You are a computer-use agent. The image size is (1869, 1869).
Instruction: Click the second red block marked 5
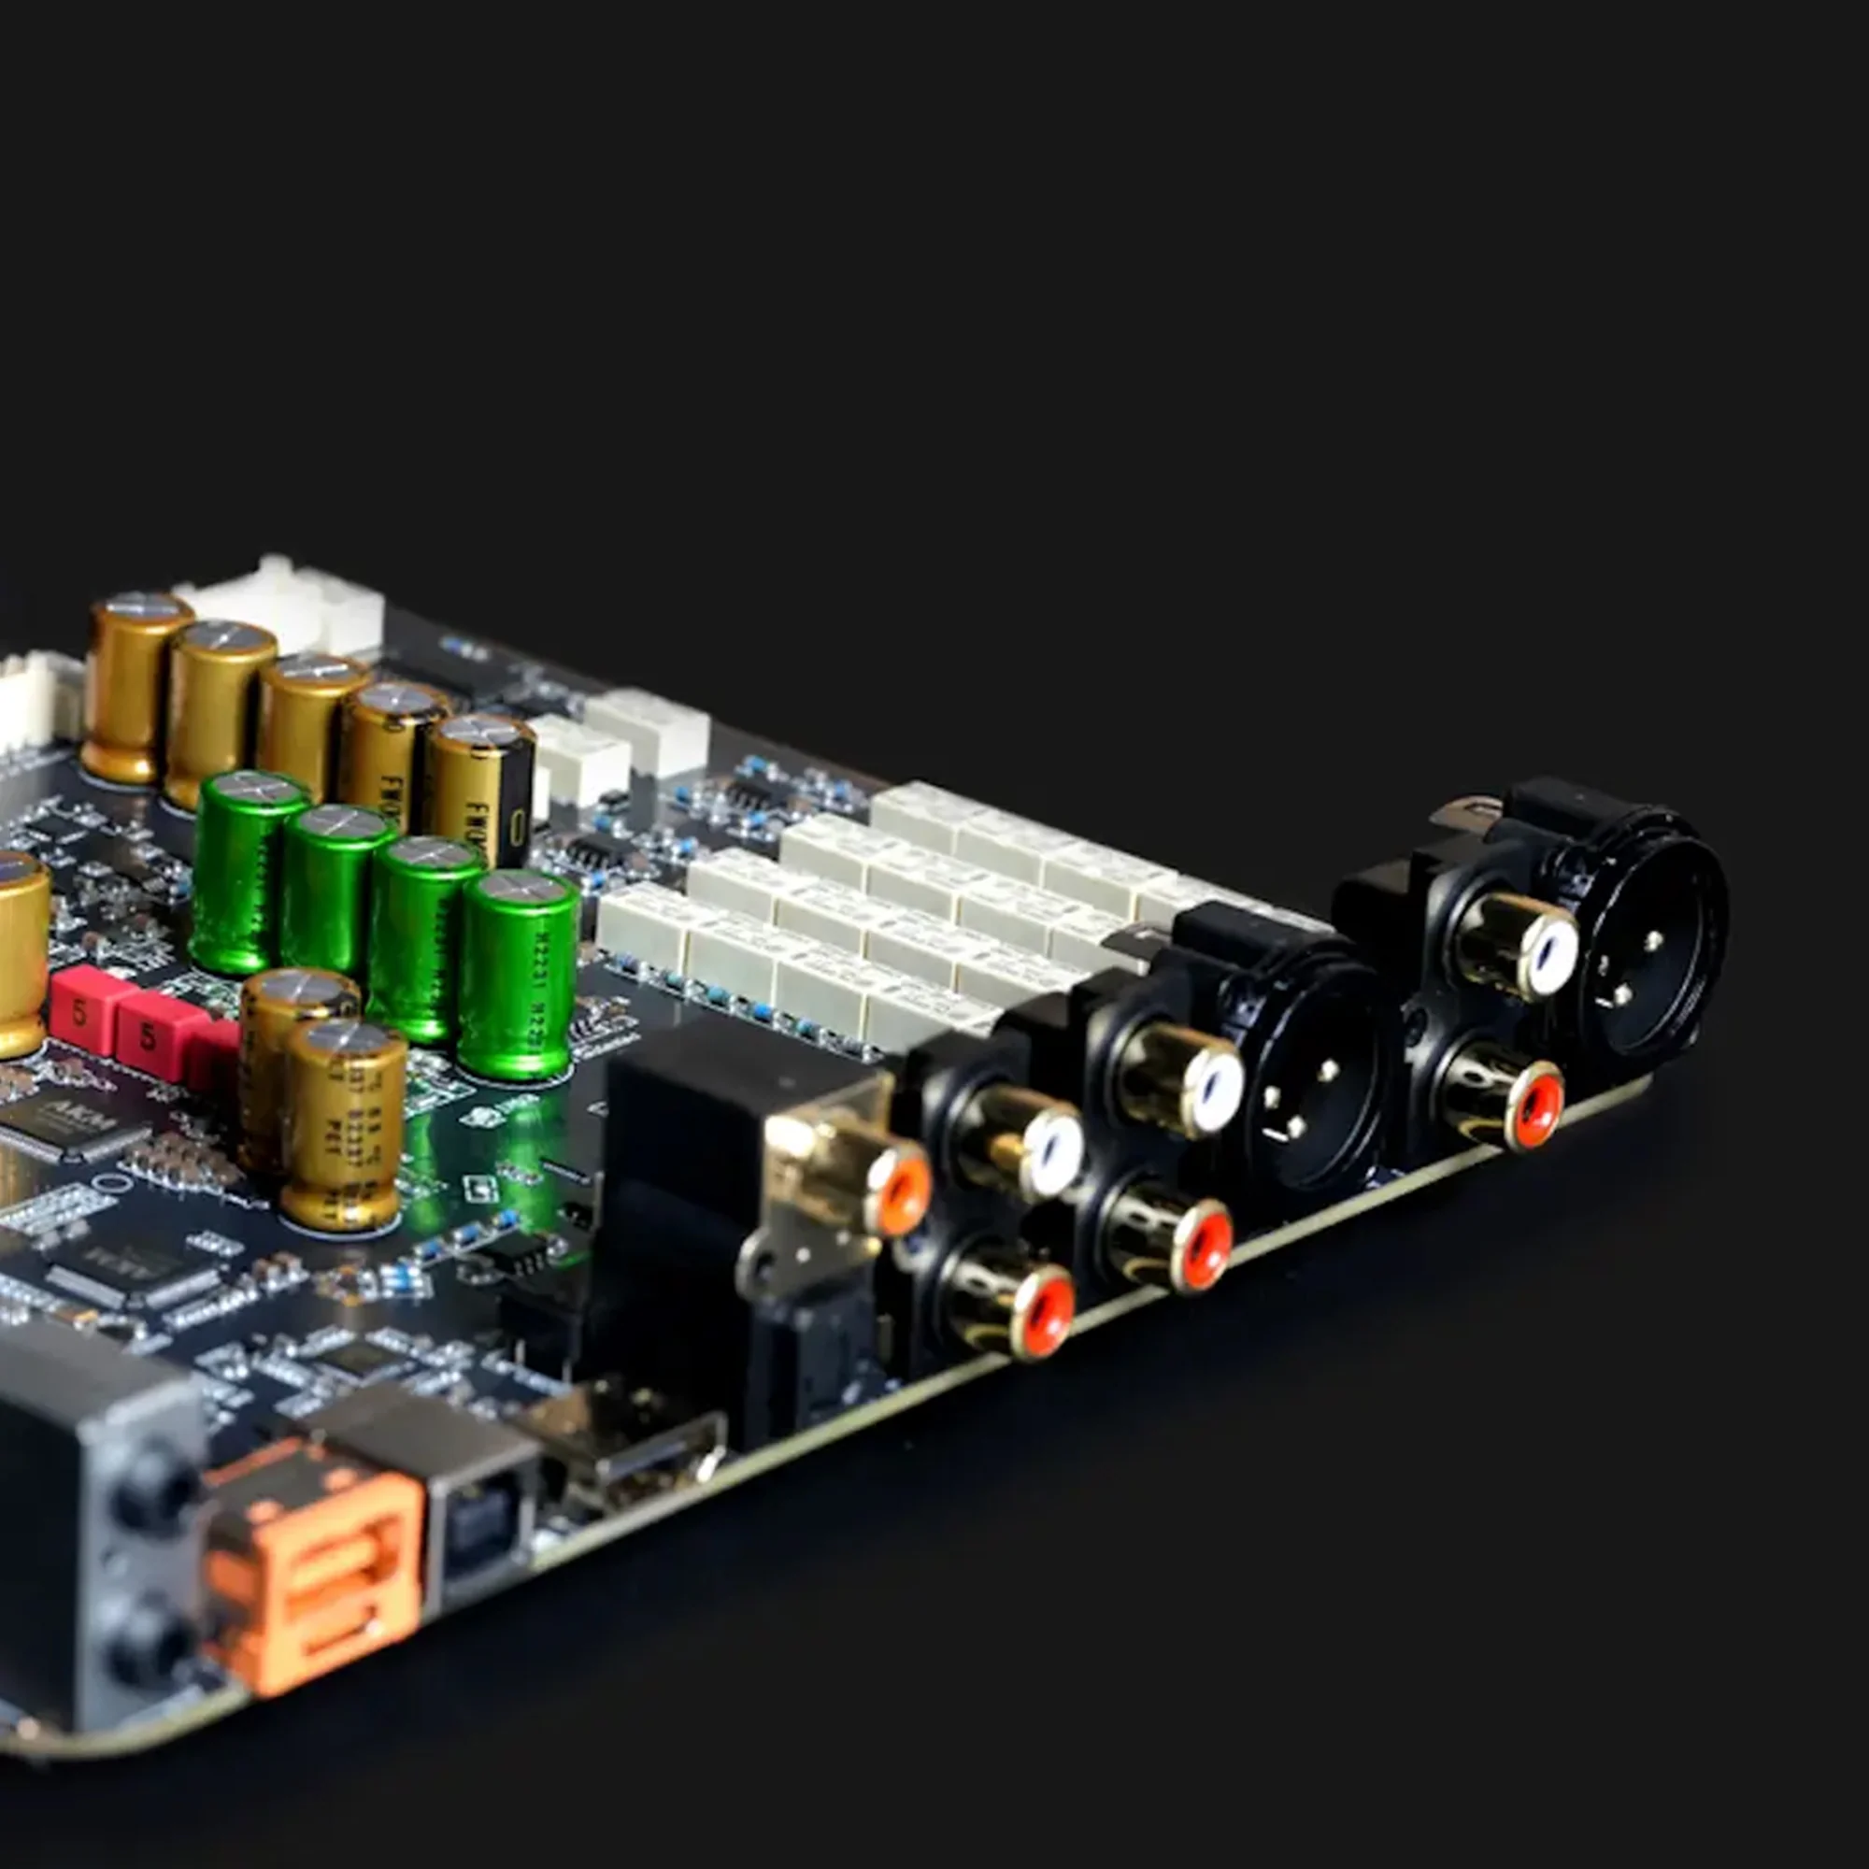[x=150, y=1035]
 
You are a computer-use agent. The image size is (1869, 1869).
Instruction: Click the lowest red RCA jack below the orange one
[x=1045, y=1311]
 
